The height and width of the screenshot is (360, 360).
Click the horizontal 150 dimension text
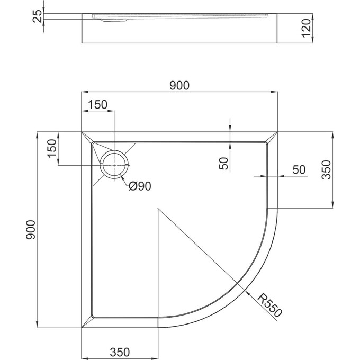pos(97,105)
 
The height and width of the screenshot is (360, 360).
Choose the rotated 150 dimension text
pos(52,148)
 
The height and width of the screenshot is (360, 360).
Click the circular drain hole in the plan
pos(115,165)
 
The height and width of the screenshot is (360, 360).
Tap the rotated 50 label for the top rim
pos(224,164)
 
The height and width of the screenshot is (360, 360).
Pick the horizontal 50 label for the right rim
pos(299,169)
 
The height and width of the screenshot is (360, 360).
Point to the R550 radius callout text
pos(271,305)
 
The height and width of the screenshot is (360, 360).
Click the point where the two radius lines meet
pos(158,209)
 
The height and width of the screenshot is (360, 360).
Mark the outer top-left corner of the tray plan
pos(82,132)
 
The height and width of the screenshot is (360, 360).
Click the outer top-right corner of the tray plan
pos(278,132)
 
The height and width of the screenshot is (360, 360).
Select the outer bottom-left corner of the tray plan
pos(82,328)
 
